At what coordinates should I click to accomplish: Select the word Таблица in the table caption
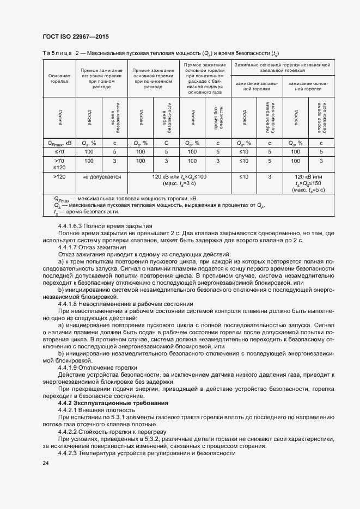(57, 53)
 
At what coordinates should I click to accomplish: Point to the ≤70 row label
(59, 151)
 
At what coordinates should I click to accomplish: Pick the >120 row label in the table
(59, 177)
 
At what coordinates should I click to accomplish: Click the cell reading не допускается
(102, 177)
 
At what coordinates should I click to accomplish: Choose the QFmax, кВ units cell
(59, 143)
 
